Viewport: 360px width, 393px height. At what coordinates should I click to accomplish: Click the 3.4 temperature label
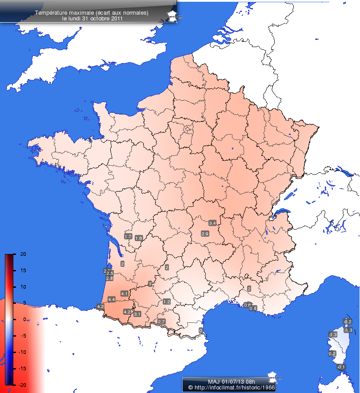[212, 222]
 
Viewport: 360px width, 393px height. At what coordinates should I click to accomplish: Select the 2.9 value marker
[205, 234]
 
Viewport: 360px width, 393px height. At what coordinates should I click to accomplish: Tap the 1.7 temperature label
[128, 236]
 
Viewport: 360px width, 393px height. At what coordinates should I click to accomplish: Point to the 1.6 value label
[138, 238]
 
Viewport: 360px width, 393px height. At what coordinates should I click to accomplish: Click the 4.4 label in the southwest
[112, 300]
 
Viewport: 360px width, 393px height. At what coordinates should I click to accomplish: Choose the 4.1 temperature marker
[124, 294]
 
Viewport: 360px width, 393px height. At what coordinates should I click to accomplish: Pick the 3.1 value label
[137, 314]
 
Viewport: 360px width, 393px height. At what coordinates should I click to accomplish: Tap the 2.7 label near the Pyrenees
[161, 321]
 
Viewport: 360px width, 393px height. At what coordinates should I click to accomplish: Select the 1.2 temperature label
[167, 302]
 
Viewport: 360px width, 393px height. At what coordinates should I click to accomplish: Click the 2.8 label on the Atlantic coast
[109, 278]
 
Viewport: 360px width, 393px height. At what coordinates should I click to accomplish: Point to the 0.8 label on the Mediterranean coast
[253, 308]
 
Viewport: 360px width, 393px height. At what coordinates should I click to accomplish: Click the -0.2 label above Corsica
[348, 322]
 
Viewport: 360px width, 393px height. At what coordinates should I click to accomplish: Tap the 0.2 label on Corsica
[332, 353]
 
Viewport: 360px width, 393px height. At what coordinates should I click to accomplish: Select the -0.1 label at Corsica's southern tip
[341, 367]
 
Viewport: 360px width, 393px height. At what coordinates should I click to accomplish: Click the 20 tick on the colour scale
[23, 254]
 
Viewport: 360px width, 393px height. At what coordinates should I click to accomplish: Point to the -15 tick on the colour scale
[23, 368]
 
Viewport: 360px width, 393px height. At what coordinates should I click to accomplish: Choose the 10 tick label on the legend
[23, 287]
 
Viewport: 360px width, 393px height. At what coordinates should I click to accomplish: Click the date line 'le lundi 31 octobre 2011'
[92, 19]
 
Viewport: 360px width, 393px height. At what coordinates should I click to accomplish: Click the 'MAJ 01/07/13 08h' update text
[225, 381]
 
